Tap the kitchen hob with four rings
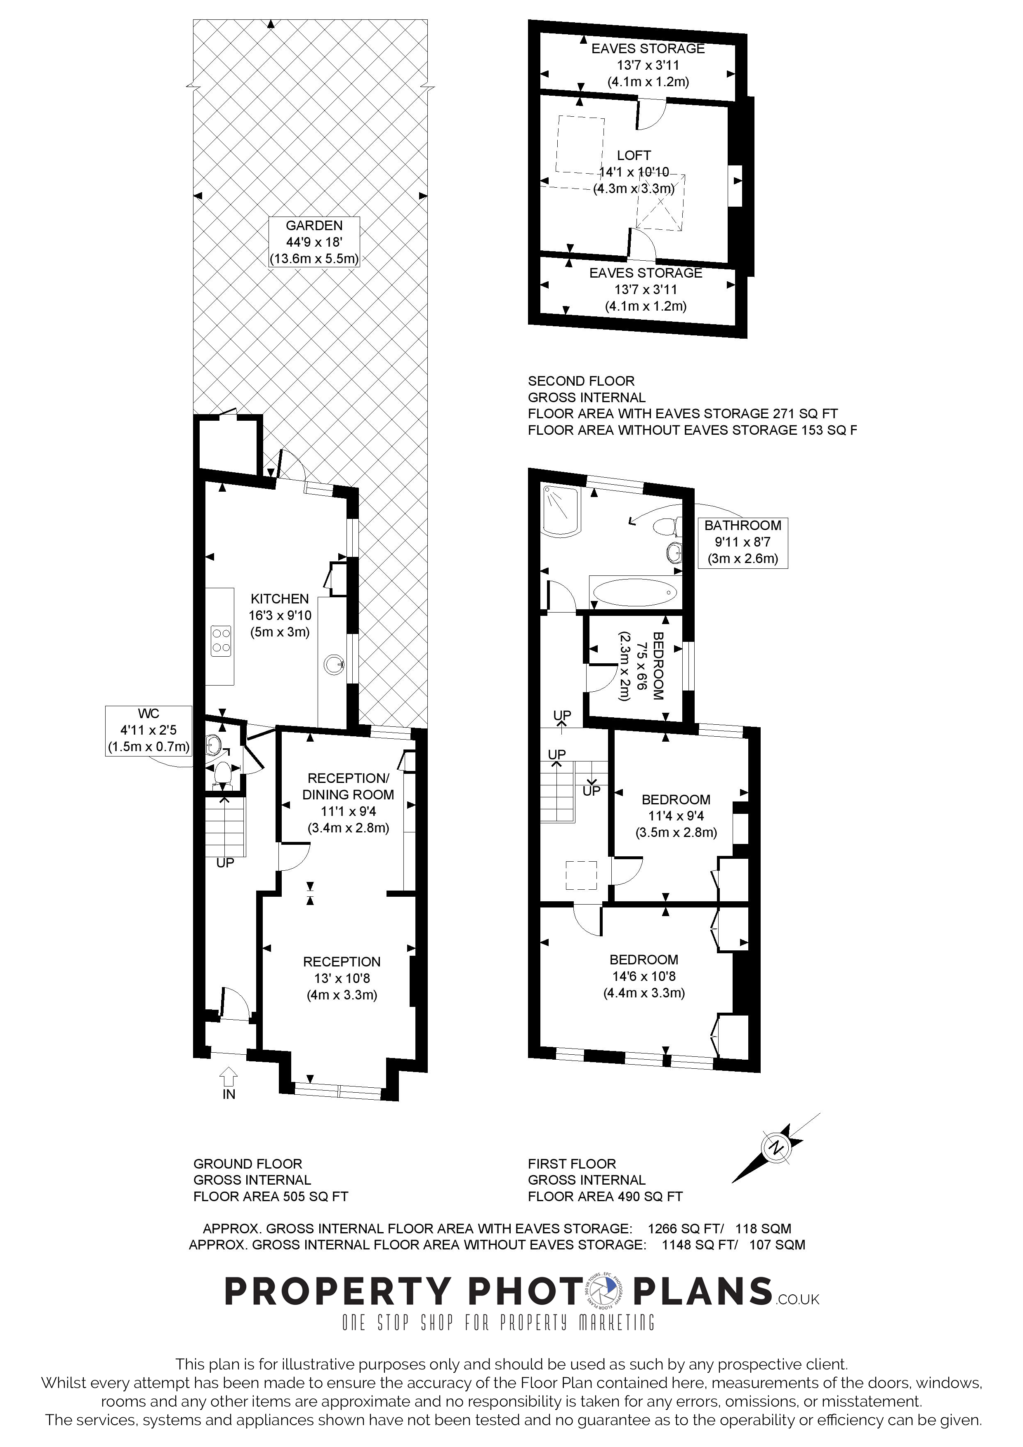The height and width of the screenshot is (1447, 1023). tap(221, 640)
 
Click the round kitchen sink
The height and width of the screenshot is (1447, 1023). tap(334, 664)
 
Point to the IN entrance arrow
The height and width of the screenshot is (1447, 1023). tap(229, 1076)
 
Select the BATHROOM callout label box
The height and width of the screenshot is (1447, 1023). tap(742, 542)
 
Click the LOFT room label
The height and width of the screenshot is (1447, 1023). tap(634, 155)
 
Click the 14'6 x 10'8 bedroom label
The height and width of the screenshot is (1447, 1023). tap(643, 976)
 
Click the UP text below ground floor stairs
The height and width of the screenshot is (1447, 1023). tap(225, 863)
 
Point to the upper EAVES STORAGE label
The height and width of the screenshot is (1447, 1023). tap(647, 49)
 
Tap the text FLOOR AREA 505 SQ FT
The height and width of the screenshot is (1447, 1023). tap(271, 1196)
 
